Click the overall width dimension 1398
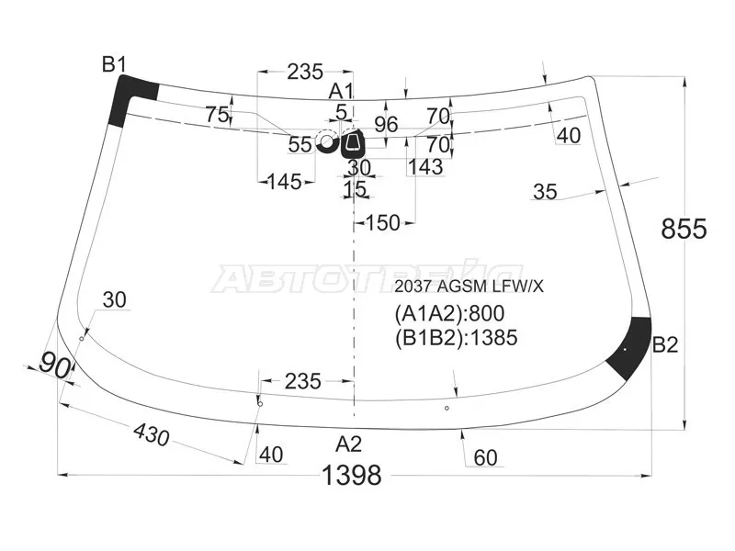(x=352, y=476)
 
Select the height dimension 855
(x=684, y=229)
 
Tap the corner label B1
(x=114, y=64)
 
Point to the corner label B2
(x=665, y=345)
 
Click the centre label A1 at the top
(x=341, y=91)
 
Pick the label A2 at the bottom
(x=349, y=444)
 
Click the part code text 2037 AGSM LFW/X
(x=469, y=287)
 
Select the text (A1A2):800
(x=449, y=313)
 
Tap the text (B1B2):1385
(x=456, y=337)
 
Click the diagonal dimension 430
(x=152, y=434)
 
